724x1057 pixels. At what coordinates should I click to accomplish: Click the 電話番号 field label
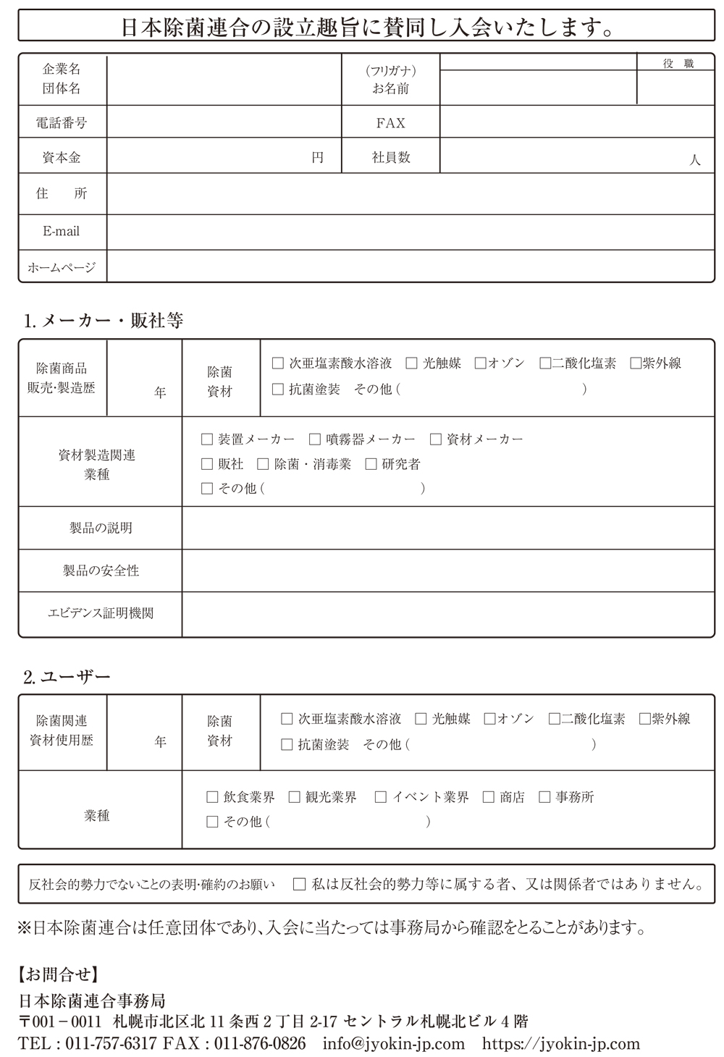click(x=62, y=123)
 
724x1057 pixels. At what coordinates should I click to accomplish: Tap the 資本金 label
click(x=62, y=157)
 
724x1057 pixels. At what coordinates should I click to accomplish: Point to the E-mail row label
click(x=62, y=232)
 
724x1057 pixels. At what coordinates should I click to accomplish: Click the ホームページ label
click(x=62, y=267)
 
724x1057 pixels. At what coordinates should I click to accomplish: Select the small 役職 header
click(x=678, y=64)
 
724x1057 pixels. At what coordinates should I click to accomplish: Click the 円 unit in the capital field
click(x=317, y=157)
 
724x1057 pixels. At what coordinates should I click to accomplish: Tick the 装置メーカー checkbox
click(x=207, y=439)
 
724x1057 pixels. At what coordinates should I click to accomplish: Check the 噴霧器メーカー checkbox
click(x=315, y=439)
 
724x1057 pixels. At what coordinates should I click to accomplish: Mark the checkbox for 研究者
click(x=371, y=464)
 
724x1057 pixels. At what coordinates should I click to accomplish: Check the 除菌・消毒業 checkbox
click(x=263, y=464)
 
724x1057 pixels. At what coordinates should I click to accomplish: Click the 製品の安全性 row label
click(x=101, y=571)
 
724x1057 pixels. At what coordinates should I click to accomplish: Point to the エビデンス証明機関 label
click(x=101, y=613)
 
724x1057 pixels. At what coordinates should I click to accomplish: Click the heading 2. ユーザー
click(x=67, y=677)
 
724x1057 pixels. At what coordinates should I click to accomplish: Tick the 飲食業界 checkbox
click(x=212, y=797)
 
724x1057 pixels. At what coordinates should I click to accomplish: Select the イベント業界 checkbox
click(x=381, y=797)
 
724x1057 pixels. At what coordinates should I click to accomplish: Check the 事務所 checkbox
click(x=544, y=797)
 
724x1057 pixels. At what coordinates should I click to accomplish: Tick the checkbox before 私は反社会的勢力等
click(x=299, y=884)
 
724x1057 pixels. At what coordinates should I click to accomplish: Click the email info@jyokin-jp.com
click(x=394, y=1043)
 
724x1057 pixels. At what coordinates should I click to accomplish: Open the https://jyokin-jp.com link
click(x=561, y=1043)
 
